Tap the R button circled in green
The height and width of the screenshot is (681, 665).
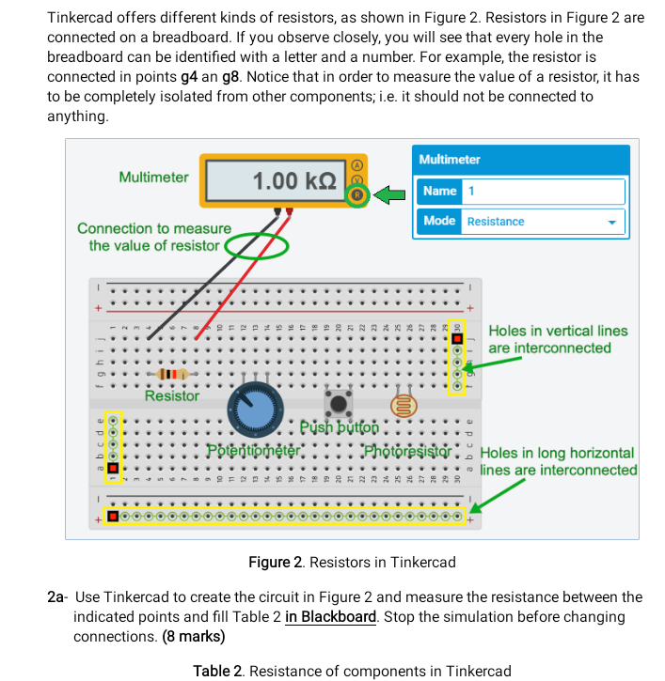tap(356, 196)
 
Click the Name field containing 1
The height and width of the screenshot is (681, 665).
tap(543, 191)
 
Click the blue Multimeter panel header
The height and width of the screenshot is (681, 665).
tap(520, 160)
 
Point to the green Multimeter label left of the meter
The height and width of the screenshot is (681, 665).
tap(153, 177)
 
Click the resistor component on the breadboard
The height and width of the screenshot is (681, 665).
tap(169, 374)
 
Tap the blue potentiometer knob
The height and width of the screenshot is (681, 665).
tap(254, 410)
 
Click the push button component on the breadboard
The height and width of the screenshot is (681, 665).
tap(339, 404)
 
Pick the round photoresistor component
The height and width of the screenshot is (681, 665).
tap(403, 406)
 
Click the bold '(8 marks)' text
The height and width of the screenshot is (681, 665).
tap(193, 636)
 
